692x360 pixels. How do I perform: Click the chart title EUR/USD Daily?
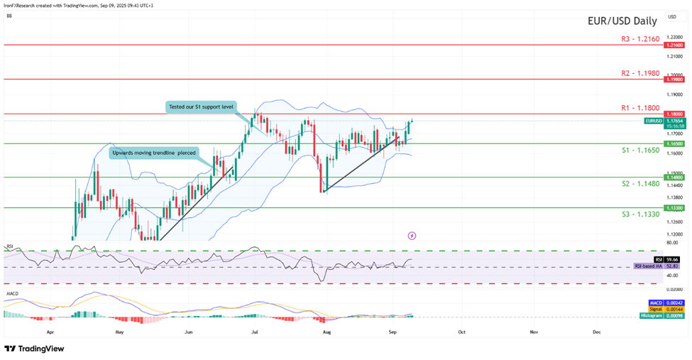(x=620, y=21)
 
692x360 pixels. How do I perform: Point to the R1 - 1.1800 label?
(x=635, y=108)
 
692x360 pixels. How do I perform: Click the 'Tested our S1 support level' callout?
(x=201, y=107)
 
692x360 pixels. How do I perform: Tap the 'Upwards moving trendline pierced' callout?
(x=152, y=153)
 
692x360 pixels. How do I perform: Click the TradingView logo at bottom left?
(x=34, y=349)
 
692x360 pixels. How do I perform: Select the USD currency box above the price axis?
(x=671, y=16)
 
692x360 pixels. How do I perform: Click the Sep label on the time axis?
(x=393, y=332)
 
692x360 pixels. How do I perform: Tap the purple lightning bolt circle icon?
(x=412, y=235)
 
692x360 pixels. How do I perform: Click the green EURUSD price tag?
(x=654, y=121)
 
